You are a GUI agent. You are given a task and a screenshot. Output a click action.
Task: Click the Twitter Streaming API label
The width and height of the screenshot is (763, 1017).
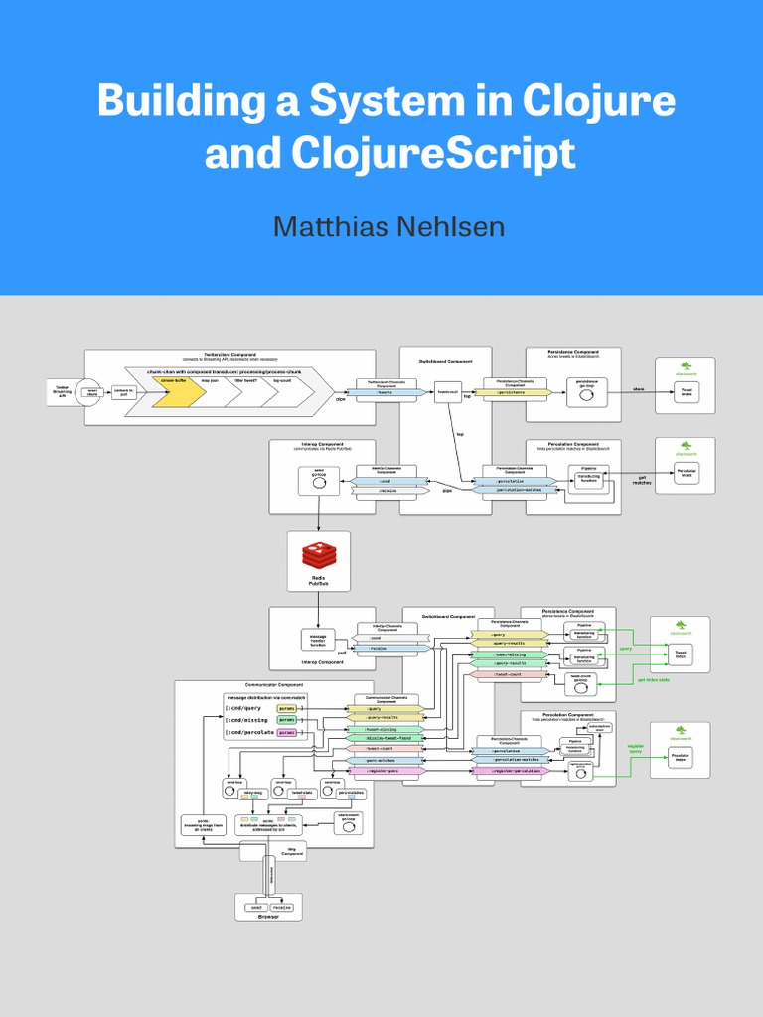click(62, 391)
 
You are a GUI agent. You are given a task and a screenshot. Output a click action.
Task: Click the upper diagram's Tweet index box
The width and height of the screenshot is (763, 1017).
click(686, 393)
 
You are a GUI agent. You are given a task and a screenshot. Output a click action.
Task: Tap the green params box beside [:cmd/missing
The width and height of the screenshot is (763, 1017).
click(286, 720)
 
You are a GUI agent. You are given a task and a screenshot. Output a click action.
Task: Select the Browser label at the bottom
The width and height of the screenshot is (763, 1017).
click(269, 917)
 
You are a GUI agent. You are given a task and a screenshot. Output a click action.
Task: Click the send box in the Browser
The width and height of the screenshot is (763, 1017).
click(255, 906)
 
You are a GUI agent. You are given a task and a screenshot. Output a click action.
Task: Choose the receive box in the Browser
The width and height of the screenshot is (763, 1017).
click(282, 906)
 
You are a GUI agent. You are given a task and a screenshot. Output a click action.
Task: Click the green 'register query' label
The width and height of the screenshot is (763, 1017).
click(636, 748)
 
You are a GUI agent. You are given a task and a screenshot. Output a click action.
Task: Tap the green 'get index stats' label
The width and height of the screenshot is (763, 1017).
click(653, 679)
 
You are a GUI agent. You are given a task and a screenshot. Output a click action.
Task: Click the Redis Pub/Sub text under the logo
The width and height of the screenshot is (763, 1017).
click(318, 581)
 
